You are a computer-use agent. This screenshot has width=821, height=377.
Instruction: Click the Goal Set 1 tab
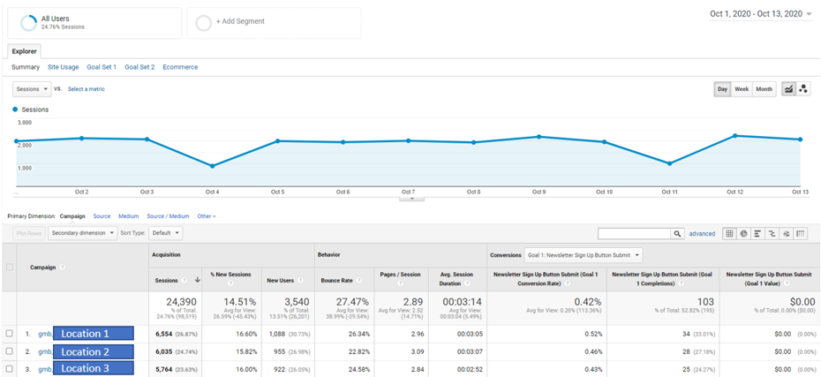102,67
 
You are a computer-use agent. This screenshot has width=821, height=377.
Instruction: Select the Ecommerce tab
180,67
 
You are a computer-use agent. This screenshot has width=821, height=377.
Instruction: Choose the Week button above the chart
742,89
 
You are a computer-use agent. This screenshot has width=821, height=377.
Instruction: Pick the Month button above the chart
764,89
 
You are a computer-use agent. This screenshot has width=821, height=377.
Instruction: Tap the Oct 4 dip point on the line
212,166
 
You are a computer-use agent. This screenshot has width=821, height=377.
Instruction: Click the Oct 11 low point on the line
670,163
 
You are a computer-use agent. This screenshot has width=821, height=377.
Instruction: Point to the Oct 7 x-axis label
408,192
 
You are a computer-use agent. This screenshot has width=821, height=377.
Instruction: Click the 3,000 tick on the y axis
25,122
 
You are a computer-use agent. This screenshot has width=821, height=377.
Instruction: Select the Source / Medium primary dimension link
168,216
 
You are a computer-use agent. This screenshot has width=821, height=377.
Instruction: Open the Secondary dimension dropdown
83,233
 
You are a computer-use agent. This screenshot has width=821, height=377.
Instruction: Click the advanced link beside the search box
702,234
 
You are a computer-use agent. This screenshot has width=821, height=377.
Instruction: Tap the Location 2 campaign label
93,351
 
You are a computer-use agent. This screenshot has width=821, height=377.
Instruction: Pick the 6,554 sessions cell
165,334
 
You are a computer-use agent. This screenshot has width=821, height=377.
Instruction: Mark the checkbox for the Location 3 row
10,368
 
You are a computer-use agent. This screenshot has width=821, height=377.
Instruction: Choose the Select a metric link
87,89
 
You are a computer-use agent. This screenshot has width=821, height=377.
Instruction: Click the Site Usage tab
63,67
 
